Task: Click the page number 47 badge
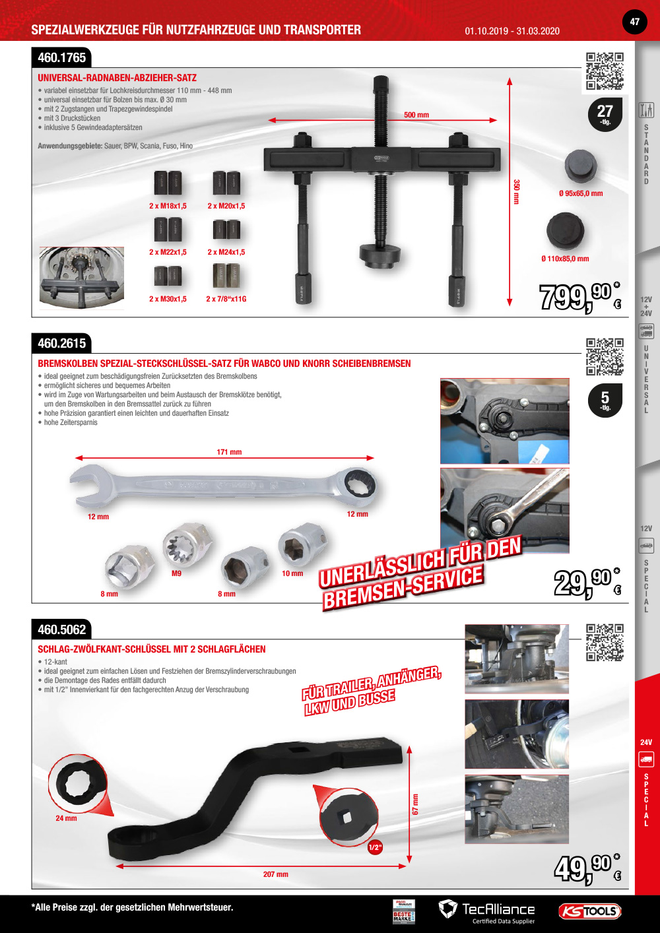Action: (x=634, y=22)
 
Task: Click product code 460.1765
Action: (x=62, y=58)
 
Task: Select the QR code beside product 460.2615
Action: (x=605, y=356)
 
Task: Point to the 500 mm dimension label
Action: (x=416, y=115)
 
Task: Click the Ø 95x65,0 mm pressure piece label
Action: (x=581, y=193)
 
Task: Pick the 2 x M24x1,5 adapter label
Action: (x=226, y=252)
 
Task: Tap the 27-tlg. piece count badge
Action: (x=605, y=113)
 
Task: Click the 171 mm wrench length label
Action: (x=229, y=452)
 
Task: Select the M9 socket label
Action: (x=176, y=573)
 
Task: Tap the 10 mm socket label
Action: (x=292, y=573)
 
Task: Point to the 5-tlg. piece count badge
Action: (x=605, y=400)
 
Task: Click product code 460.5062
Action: (x=62, y=629)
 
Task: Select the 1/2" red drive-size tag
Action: (x=375, y=847)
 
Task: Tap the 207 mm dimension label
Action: (x=275, y=874)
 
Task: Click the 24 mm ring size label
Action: (x=66, y=818)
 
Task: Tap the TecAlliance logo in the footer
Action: (x=487, y=911)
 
